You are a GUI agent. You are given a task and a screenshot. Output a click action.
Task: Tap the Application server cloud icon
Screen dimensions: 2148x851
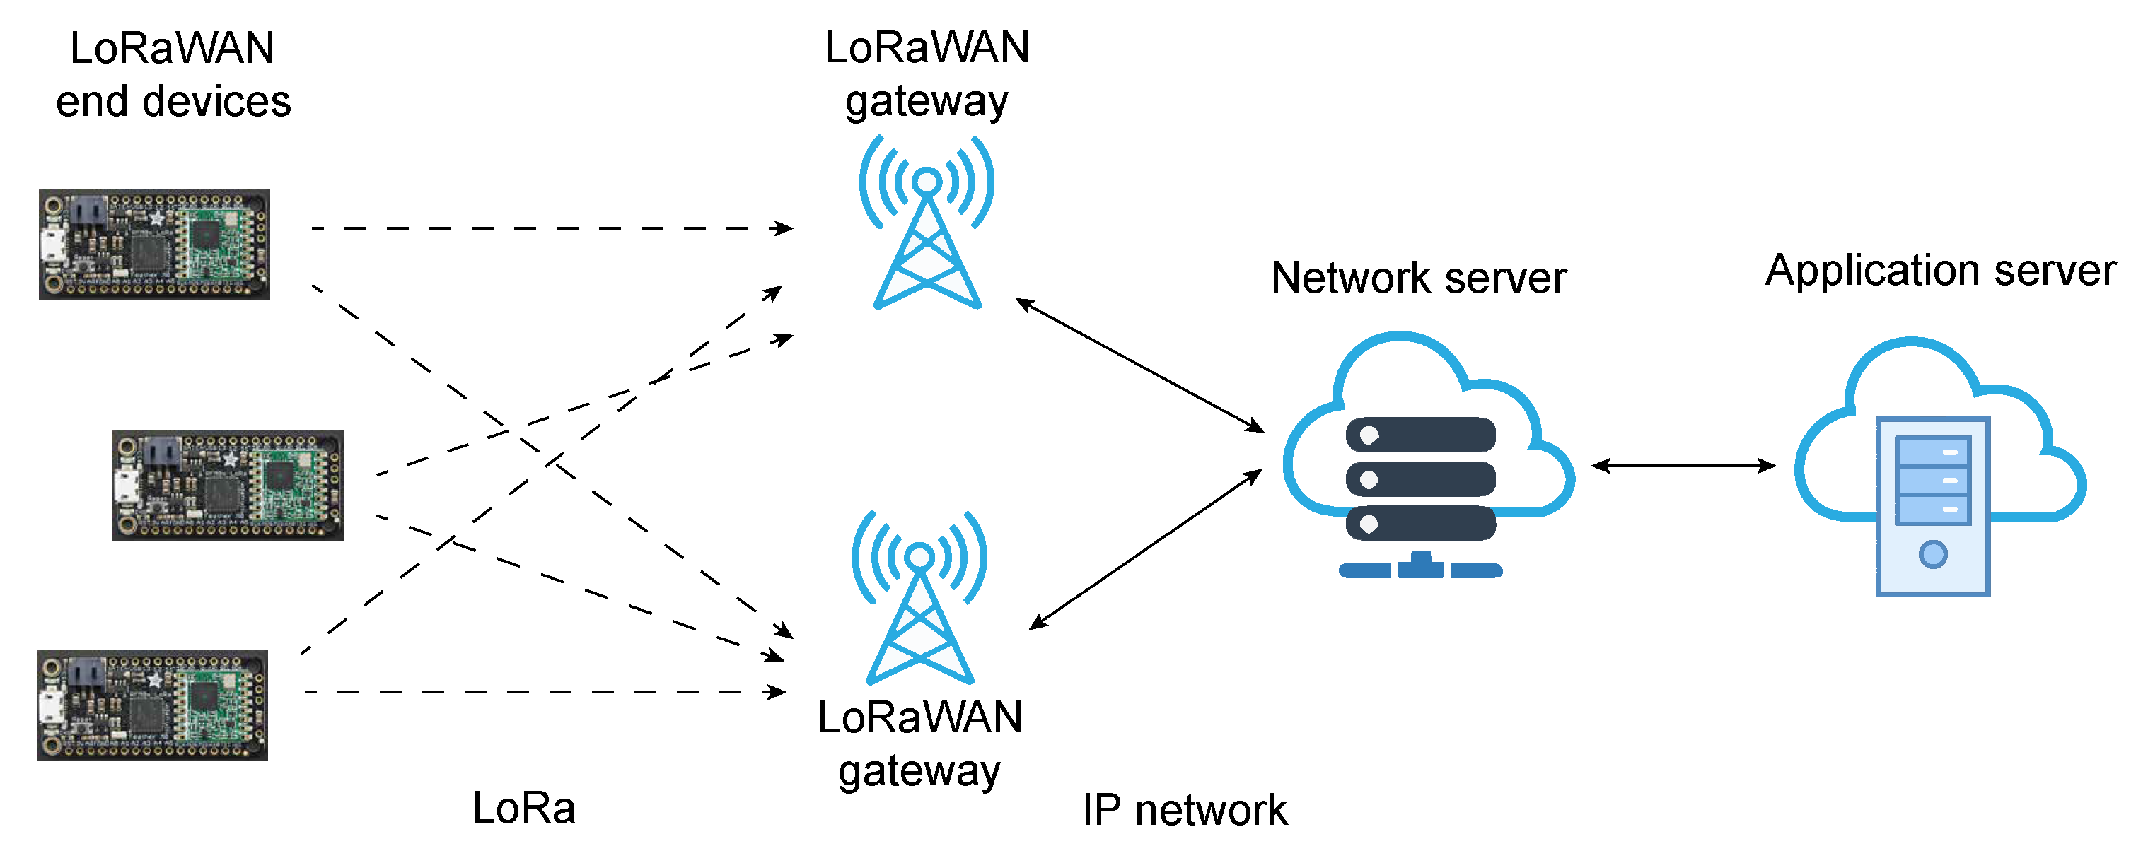point(1939,466)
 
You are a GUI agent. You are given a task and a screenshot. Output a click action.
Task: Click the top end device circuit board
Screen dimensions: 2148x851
point(154,243)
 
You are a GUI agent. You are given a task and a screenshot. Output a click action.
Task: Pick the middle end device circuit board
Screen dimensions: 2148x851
point(228,485)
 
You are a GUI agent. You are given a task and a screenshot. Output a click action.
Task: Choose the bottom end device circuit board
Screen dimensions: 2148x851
point(153,705)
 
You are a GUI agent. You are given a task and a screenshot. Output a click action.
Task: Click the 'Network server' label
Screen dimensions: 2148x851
point(1418,278)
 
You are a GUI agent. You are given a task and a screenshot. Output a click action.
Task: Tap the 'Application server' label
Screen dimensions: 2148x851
point(1940,271)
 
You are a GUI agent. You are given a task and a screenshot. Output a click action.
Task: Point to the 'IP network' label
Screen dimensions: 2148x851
point(1184,809)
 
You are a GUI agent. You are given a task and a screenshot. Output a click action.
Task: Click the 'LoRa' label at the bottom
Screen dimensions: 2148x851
point(523,808)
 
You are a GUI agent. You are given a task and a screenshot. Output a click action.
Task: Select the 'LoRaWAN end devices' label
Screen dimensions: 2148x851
point(173,74)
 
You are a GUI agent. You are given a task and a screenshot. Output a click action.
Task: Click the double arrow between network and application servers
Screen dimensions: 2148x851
point(1683,465)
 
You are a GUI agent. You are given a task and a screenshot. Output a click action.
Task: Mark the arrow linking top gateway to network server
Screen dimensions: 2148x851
point(1140,365)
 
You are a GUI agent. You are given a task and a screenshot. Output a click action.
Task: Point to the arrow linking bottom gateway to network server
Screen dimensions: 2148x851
point(1146,548)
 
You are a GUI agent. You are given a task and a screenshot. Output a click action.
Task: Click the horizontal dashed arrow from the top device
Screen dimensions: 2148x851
point(552,228)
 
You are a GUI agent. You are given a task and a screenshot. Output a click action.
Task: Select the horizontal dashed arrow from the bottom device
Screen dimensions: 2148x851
point(545,692)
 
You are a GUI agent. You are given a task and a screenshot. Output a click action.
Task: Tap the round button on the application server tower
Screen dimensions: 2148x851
point(1933,554)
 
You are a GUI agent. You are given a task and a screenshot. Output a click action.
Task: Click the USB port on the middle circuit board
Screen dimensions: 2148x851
point(126,486)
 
